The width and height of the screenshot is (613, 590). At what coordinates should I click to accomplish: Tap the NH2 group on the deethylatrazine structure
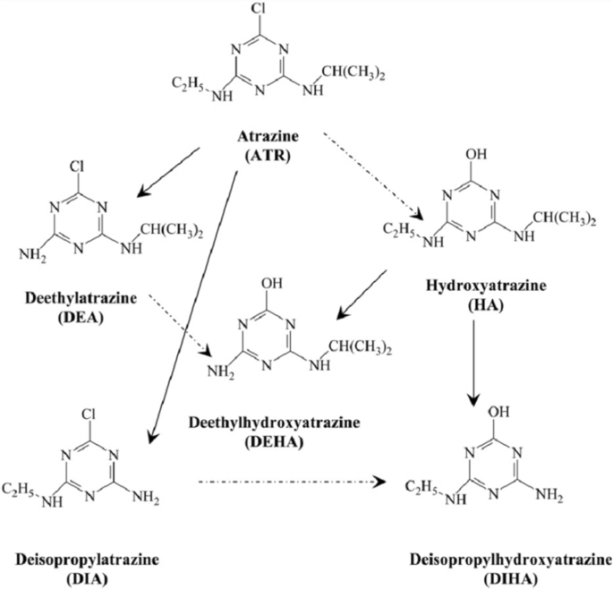[x=31, y=256]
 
